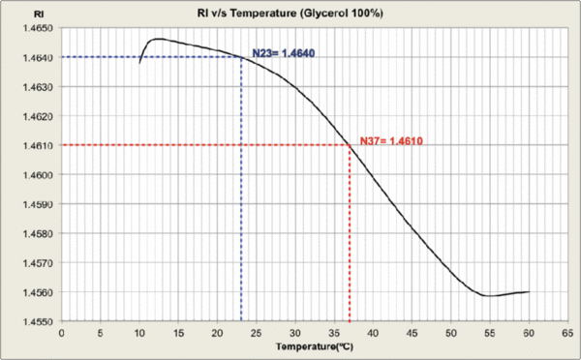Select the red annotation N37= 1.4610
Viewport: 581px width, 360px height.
pyautogui.click(x=391, y=141)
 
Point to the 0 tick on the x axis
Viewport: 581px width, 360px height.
pyautogui.click(x=61, y=331)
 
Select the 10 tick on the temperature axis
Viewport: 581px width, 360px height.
pyautogui.click(x=139, y=331)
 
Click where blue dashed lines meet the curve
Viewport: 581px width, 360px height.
pyautogui.click(x=241, y=57)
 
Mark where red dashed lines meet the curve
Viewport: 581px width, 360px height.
pyautogui.click(x=350, y=145)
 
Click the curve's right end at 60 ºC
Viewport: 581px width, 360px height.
pyautogui.click(x=529, y=291)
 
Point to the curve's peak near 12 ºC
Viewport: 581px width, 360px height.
pyautogui.click(x=157, y=39)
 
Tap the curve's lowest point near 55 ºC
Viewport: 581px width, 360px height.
pyautogui.click(x=490, y=295)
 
